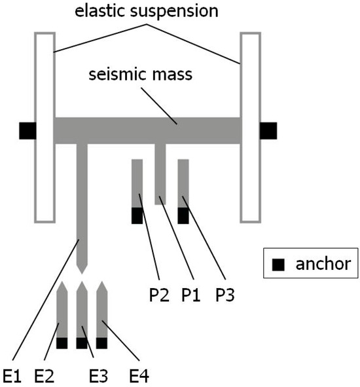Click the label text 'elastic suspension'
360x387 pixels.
click(146, 11)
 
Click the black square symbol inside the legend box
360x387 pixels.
click(279, 265)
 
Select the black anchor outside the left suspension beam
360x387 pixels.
click(27, 130)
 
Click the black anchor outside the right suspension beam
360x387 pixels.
click(268, 130)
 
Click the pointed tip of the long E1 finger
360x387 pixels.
click(82, 269)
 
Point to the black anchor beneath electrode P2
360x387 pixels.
click(137, 215)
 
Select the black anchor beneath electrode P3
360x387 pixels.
click(183, 215)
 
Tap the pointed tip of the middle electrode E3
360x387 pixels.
click(82, 286)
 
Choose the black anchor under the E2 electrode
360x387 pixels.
click(62, 342)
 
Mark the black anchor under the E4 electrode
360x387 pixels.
click(101, 342)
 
